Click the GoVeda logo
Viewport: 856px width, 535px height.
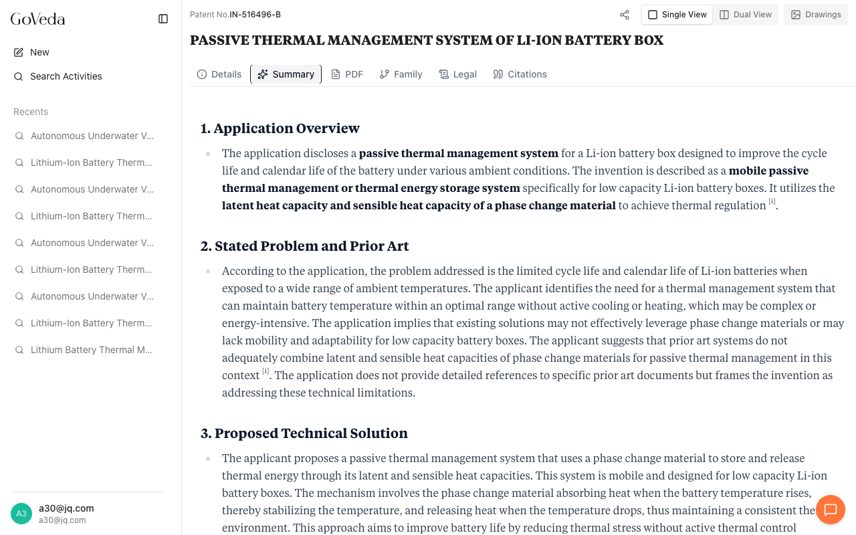(38, 19)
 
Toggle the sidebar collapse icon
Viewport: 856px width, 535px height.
(163, 19)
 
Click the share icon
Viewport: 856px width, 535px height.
(625, 15)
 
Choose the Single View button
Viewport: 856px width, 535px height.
(677, 15)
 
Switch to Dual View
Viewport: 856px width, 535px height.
(746, 15)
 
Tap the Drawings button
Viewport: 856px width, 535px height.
(816, 15)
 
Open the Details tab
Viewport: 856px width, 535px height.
(219, 74)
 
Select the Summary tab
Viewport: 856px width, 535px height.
(286, 74)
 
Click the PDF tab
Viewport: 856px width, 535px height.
(347, 74)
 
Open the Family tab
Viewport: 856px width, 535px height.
(401, 74)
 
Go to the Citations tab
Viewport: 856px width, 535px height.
(520, 74)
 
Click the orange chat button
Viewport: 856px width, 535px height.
(831, 510)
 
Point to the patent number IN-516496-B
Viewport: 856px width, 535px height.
(255, 15)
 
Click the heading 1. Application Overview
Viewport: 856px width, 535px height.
(280, 128)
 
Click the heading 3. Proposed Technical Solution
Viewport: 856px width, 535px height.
(304, 433)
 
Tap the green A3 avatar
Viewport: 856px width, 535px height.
(21, 514)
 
